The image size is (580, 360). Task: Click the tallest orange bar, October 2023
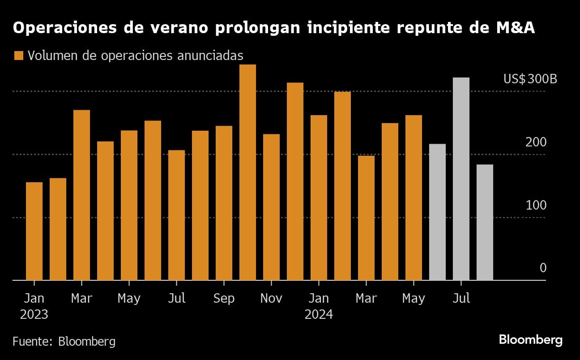coord(247,172)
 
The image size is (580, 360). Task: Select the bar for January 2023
coord(34,231)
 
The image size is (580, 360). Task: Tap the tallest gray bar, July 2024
coord(461,179)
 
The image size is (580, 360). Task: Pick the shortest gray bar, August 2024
coord(485,222)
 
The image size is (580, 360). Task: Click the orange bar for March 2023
coord(81,195)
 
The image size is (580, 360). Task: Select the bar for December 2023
coord(295,181)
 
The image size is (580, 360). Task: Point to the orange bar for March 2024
coord(366,218)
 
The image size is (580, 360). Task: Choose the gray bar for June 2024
coord(437,212)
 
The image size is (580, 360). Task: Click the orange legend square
coord(18,56)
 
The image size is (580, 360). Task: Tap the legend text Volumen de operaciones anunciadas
coord(135,56)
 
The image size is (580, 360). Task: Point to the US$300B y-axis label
coord(530,79)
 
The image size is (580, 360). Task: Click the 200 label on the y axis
coord(536,142)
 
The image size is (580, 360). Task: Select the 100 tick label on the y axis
coord(536,206)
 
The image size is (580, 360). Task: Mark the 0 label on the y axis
coord(543,268)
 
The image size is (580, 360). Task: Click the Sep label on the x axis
coord(224,299)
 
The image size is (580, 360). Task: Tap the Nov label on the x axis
coord(271,299)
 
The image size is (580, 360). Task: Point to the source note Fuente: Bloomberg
coord(64,342)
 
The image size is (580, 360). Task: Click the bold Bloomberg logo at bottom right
coord(531,340)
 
